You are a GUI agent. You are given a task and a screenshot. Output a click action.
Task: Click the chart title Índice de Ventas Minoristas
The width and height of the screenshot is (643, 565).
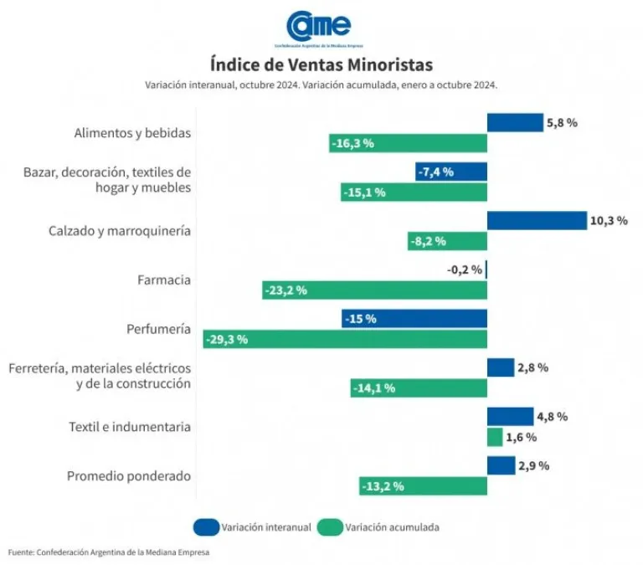click(321, 64)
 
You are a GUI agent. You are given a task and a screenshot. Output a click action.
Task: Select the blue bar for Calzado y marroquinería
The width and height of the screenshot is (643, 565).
click(536, 221)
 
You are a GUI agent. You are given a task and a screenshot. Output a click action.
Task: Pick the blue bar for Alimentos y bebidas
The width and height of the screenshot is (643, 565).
click(515, 123)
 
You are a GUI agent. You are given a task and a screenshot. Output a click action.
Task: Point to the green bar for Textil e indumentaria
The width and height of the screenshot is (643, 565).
click(495, 437)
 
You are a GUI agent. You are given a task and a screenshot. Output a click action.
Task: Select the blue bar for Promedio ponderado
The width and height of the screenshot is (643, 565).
click(501, 465)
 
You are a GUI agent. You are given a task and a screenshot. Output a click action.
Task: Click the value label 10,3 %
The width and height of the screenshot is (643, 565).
click(609, 221)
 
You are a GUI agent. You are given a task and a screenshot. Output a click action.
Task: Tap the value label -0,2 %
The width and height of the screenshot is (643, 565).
click(465, 270)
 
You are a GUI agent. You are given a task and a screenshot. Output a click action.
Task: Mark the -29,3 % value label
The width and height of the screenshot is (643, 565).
click(227, 340)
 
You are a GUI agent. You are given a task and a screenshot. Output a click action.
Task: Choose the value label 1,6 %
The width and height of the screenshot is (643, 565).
click(521, 437)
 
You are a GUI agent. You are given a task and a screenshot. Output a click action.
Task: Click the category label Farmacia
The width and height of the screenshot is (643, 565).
click(164, 280)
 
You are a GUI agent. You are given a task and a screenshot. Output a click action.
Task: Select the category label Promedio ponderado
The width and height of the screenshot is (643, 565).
click(129, 475)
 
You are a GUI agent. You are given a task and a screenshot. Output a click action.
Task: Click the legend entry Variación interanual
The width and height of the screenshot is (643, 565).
click(266, 527)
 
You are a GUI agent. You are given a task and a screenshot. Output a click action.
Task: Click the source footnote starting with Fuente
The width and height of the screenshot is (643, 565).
click(109, 552)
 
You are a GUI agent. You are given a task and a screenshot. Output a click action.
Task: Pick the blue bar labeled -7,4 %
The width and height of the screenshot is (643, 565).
click(452, 172)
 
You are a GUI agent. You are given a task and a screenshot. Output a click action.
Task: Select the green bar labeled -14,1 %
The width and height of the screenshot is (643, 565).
click(419, 388)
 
